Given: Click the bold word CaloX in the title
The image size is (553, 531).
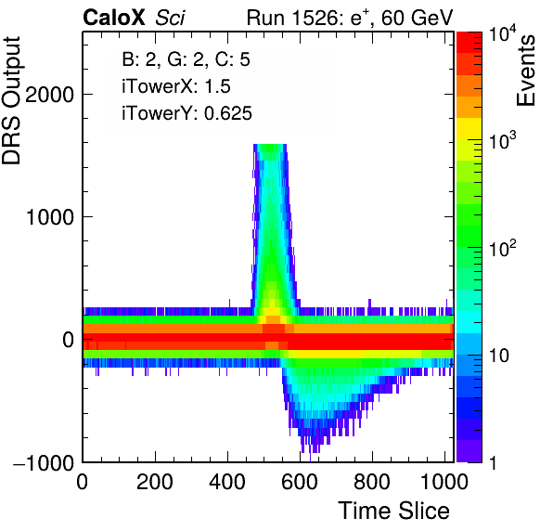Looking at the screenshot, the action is click(114, 18).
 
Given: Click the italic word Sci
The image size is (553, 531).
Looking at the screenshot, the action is click(170, 18).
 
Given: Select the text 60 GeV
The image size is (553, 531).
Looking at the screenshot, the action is click(417, 18).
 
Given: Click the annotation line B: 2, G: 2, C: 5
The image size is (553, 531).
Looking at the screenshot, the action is click(186, 58).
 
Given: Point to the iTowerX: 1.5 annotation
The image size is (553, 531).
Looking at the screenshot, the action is click(176, 86).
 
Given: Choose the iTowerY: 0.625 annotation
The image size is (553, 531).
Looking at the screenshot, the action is click(186, 113).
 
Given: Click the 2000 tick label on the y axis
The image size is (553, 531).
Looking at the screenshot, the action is click(49, 95).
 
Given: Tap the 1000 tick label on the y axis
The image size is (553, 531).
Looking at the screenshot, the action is click(49, 217).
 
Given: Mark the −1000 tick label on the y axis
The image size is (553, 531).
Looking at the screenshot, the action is click(44, 462).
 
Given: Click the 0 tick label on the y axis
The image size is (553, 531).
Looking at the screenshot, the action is click(68, 340).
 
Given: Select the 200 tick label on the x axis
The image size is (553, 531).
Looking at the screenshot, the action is click(154, 482).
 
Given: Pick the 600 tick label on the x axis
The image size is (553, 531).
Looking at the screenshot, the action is click(300, 482).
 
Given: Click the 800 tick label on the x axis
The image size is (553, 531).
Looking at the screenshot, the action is click(372, 482).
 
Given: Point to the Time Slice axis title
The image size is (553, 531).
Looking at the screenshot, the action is click(394, 511).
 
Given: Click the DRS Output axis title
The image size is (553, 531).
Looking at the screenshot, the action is click(11, 100).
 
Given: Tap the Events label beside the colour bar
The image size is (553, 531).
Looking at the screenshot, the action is click(525, 71).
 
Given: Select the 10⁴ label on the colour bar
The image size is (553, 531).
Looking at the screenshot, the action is click(502, 35).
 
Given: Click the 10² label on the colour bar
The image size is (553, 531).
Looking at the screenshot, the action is click(502, 249).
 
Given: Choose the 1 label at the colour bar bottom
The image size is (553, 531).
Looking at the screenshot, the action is click(493, 462).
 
